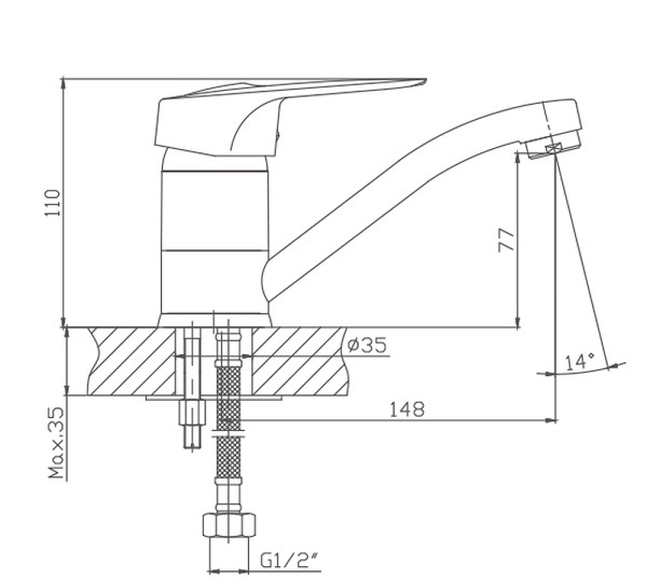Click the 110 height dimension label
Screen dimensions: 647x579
click(x=53, y=202)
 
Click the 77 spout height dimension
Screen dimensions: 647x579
click(x=507, y=241)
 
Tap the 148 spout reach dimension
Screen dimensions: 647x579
click(x=407, y=410)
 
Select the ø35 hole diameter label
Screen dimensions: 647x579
click(x=367, y=345)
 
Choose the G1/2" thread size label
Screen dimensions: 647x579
click(x=290, y=560)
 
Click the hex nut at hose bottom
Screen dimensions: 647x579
click(x=229, y=525)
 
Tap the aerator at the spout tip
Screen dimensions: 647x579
click(x=554, y=148)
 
